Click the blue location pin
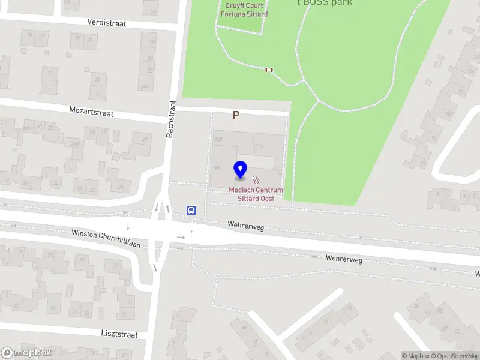click(x=240, y=170)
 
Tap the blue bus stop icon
click(x=191, y=210)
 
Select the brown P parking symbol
click(x=236, y=115)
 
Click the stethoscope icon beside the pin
click(x=256, y=179)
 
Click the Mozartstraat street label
click(x=91, y=112)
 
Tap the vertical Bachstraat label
click(x=170, y=119)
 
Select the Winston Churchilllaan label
click(x=106, y=239)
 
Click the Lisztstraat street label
click(x=119, y=334)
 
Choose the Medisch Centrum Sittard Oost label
click(x=256, y=194)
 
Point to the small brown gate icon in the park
click(x=269, y=70)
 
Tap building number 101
click(x=259, y=146)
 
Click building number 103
click(x=218, y=140)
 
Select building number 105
click(x=217, y=169)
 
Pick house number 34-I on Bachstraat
click(x=145, y=87)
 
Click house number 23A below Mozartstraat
click(x=75, y=143)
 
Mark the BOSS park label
click(x=328, y=2)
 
